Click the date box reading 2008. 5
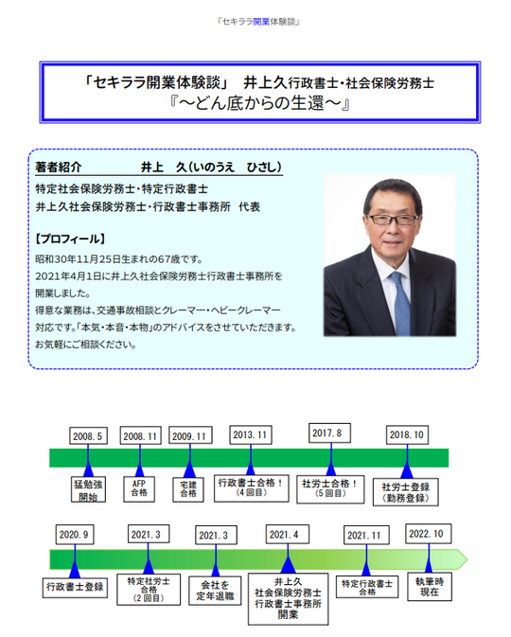(x=88, y=435)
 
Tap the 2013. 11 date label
(x=250, y=434)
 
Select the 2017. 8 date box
(x=329, y=434)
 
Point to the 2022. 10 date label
(x=428, y=534)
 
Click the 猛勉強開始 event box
(x=88, y=489)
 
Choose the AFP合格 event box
(x=139, y=488)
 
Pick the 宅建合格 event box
(x=188, y=489)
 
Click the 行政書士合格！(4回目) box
(x=252, y=488)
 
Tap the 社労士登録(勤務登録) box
(x=405, y=492)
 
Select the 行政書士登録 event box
(x=75, y=588)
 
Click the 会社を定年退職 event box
(x=216, y=591)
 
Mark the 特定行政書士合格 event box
(x=367, y=588)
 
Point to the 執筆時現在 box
(x=430, y=587)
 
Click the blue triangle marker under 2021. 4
(x=288, y=565)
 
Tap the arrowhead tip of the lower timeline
(x=467, y=559)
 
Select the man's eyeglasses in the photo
(x=392, y=220)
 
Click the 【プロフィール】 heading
(x=70, y=239)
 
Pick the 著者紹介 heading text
(x=59, y=167)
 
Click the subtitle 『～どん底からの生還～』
(x=260, y=103)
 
